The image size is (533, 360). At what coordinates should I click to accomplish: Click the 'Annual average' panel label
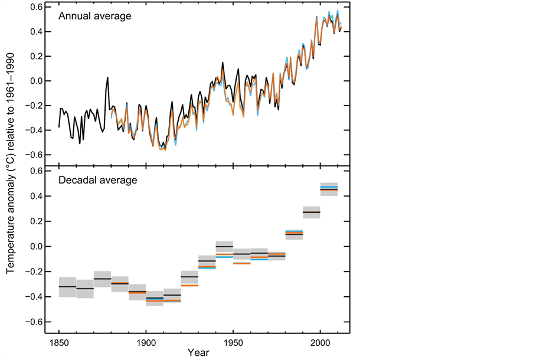(x=94, y=16)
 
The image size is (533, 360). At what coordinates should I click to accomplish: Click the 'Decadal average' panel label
(x=97, y=179)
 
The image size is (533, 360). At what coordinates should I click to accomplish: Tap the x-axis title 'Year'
(x=198, y=352)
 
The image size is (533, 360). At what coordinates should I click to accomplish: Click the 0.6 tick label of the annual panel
(x=37, y=6)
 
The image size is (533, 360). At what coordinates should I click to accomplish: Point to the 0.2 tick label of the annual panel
(x=37, y=56)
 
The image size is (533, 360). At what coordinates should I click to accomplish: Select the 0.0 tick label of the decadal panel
(x=37, y=246)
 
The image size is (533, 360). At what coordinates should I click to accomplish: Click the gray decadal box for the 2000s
(x=329, y=189)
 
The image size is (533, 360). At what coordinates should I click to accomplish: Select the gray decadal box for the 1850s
(x=68, y=287)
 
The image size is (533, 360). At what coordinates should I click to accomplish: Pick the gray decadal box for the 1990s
(x=312, y=212)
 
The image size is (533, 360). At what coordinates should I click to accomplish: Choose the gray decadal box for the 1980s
(x=294, y=234)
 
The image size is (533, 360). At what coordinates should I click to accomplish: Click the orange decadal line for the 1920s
(x=189, y=286)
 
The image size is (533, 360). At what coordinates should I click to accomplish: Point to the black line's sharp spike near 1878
(x=107, y=77)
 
